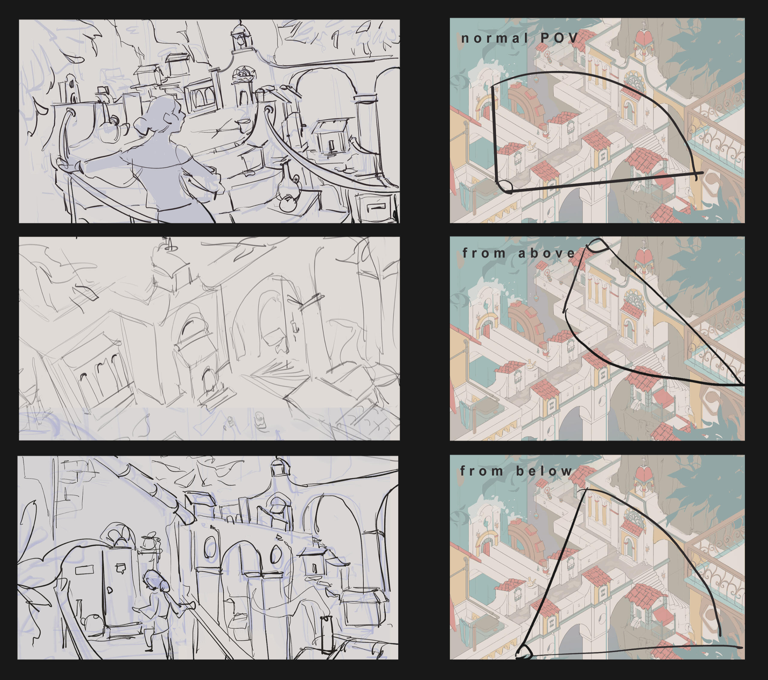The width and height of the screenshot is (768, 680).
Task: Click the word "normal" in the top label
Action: [x=494, y=38]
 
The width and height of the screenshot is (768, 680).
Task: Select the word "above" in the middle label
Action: [x=546, y=253]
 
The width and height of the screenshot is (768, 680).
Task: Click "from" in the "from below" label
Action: [x=482, y=471]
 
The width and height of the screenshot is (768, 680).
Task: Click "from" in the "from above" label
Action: [x=484, y=253]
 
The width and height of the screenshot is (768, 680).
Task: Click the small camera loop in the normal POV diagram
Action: [x=505, y=186]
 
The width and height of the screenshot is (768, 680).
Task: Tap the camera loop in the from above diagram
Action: [x=597, y=245]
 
